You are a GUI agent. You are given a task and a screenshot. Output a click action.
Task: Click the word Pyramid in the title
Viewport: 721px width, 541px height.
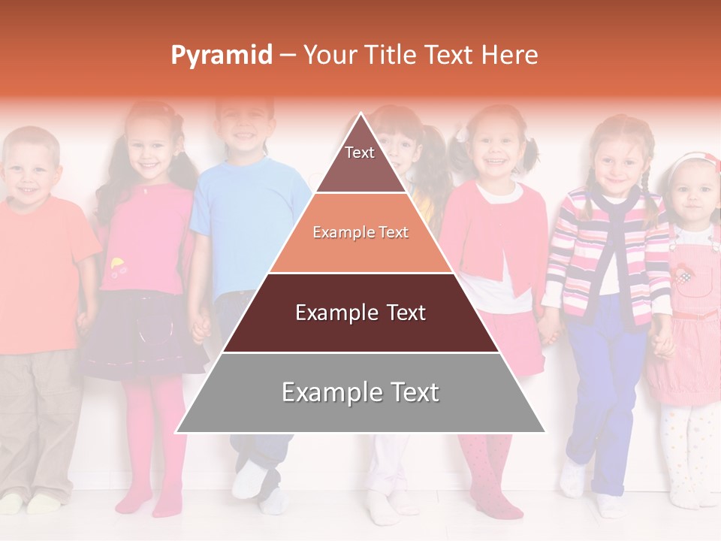221,56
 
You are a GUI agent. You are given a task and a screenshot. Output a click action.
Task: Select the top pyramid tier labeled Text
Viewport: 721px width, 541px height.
360,162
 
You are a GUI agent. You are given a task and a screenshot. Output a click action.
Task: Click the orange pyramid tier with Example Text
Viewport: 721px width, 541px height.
360,233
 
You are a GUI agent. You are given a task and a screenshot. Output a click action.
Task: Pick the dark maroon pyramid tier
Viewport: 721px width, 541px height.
360,313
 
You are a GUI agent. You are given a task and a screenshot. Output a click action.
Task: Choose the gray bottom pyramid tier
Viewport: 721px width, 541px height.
360,393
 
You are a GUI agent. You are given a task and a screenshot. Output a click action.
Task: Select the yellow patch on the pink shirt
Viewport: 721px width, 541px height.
117,264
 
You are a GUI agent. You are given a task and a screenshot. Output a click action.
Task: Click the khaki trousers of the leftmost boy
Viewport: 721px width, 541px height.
38,421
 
